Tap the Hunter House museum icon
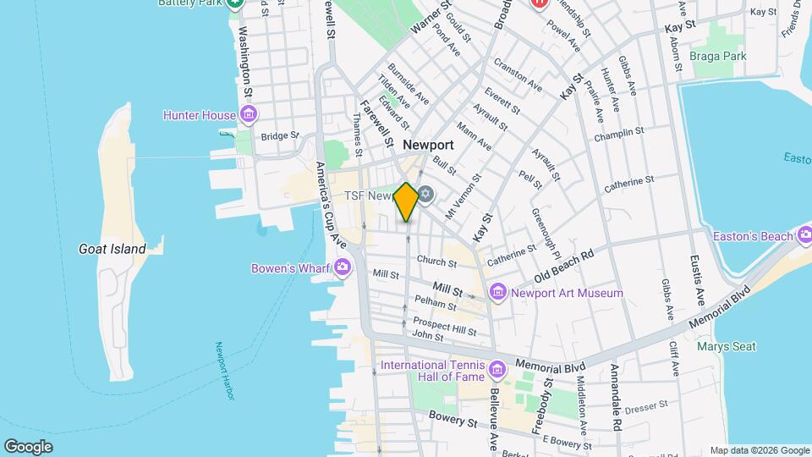tap(249, 114)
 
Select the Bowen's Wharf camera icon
tap(343, 268)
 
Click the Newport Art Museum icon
tap(497, 293)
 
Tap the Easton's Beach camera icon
tap(803, 235)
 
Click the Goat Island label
tap(112, 249)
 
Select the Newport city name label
tap(428, 145)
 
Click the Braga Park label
tap(716, 56)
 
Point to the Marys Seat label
tap(726, 346)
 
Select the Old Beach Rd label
tap(565, 265)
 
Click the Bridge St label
tap(280, 135)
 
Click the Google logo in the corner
tap(28, 446)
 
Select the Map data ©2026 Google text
tap(760, 450)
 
